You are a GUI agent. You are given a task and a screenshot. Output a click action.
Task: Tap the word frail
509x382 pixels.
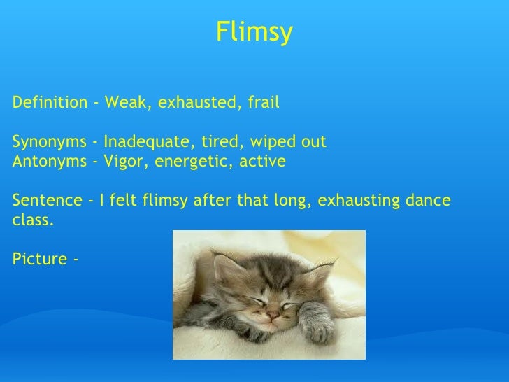262,103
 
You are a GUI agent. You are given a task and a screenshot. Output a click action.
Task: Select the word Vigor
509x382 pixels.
124,162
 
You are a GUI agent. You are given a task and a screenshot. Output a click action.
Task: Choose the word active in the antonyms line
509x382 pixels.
262,162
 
